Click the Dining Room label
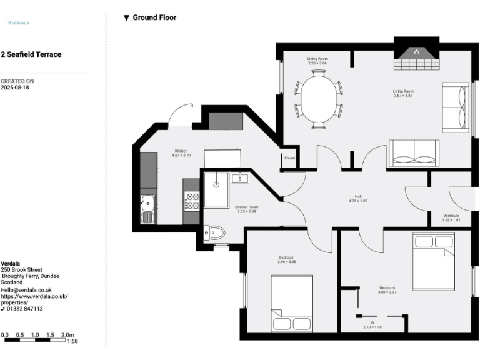pos(317,59)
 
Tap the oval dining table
pos(319,98)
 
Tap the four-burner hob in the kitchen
pos(192,201)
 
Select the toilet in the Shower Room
pos(214,232)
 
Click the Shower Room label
pos(247,207)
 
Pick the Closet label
pos(289,158)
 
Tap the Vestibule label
pos(451,216)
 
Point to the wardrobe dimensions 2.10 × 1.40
pos(372,327)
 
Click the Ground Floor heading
pos(154,17)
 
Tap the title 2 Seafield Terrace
pos(31,54)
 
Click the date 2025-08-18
pos(15,88)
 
